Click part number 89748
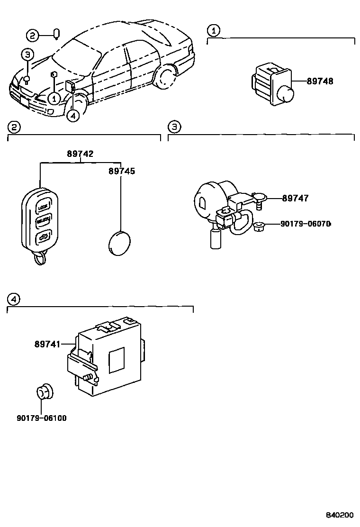(320, 81)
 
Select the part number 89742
(80, 154)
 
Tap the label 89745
(121, 171)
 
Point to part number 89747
(295, 198)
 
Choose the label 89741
(47, 344)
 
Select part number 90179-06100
(41, 418)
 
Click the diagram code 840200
(339, 515)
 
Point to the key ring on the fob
(40, 258)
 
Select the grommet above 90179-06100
(44, 392)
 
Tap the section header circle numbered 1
(214, 31)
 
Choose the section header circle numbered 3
(174, 127)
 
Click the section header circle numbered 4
(14, 299)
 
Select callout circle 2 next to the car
(32, 35)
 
